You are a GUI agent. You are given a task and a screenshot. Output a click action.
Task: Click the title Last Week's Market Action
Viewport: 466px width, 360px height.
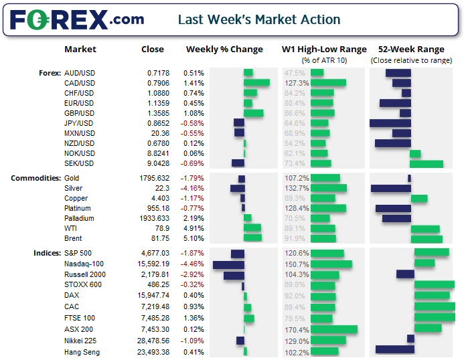[258, 20]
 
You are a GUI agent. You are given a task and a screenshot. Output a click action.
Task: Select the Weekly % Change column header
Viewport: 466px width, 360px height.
[224, 50]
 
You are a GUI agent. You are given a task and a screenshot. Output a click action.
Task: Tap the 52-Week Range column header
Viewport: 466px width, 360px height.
[411, 50]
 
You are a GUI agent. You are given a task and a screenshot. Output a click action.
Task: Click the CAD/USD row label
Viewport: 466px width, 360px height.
[80, 83]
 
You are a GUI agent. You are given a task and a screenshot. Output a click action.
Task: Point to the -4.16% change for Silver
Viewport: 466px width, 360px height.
[193, 189]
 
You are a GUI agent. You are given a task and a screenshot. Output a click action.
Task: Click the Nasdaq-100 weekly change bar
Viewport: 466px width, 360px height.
[228, 264]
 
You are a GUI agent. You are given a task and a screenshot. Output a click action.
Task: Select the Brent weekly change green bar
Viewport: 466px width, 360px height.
[252, 238]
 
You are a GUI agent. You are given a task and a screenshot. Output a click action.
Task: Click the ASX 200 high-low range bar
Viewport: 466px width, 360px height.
[333, 329]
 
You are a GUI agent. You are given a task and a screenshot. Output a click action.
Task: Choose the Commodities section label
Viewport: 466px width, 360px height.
[35, 178]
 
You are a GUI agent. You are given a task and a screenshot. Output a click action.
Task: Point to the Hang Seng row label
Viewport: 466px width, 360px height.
[82, 352]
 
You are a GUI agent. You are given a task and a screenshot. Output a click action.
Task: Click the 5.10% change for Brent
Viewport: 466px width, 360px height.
[194, 238]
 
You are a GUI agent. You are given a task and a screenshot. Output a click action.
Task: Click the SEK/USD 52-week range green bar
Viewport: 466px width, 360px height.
[426, 163]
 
